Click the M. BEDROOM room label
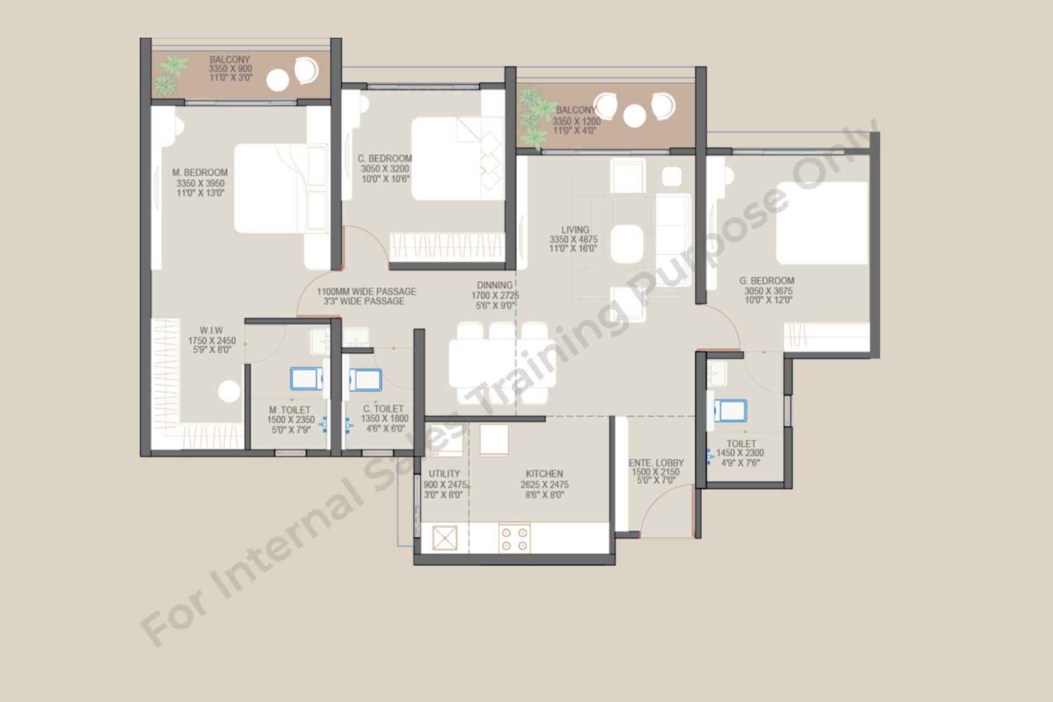coord(200,173)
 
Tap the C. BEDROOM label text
coord(385,158)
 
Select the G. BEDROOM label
coord(766,281)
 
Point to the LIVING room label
coord(575,230)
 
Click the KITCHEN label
coord(544,474)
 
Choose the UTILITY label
coord(444,474)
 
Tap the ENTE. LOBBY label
coord(656,463)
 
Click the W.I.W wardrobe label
coord(211,330)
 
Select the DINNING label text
coord(494,286)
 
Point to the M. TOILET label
coord(290,410)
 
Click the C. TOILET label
coord(383,409)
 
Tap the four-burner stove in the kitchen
coord(514,538)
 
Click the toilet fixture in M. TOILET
coord(307,378)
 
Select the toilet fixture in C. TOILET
coord(366,380)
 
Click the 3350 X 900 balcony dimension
coord(231,69)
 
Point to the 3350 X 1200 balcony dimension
coord(576,121)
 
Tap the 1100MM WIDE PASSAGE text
coord(366,291)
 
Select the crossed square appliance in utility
coord(445,538)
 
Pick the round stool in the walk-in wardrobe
coord(229,391)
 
